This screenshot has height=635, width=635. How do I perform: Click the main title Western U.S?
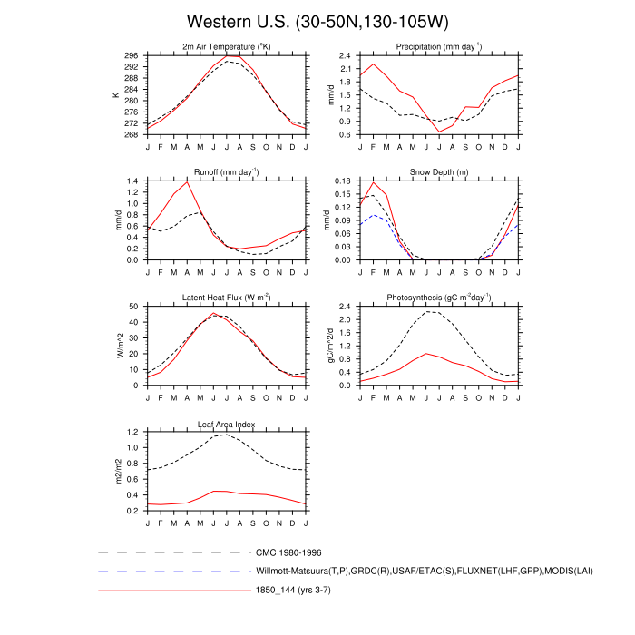[317, 21]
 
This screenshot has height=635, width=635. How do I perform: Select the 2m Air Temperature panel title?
[227, 47]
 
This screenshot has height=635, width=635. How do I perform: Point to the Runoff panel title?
[227, 172]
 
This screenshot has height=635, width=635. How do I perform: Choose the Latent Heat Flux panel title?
[227, 298]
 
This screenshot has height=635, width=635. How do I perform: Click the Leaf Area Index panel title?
[227, 424]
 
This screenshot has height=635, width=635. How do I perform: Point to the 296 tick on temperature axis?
[132, 55]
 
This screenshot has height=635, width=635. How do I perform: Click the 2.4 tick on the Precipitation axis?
[345, 55]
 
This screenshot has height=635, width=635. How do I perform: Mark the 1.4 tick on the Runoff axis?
[134, 181]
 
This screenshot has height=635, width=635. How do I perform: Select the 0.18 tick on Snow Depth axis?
[342, 181]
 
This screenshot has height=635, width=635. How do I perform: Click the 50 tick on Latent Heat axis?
[135, 307]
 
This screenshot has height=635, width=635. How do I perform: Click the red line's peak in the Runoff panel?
[188, 181]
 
